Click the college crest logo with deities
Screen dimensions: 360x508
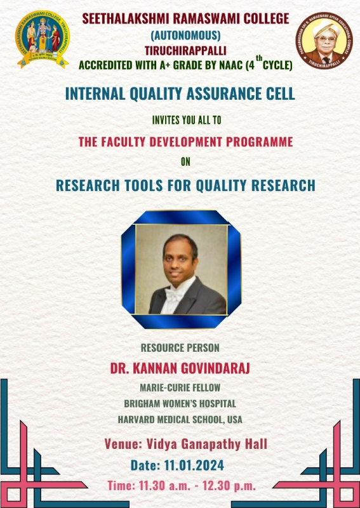tap(43, 39)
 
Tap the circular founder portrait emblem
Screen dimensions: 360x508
tap(324, 40)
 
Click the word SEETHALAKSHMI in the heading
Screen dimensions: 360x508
tap(126, 18)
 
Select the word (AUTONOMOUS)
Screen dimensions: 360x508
tap(185, 35)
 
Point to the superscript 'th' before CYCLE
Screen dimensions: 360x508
tap(259, 58)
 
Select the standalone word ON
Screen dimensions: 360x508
tap(185, 162)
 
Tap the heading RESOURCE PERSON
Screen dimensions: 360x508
tap(180, 347)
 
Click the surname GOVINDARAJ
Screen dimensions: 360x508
tap(215, 368)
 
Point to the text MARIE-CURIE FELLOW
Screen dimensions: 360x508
tap(180, 387)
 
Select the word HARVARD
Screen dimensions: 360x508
tap(137, 420)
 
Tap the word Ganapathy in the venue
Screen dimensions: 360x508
tap(211, 444)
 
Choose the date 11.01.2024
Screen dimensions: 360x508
tap(194, 465)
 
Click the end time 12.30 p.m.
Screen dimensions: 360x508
tap(229, 486)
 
